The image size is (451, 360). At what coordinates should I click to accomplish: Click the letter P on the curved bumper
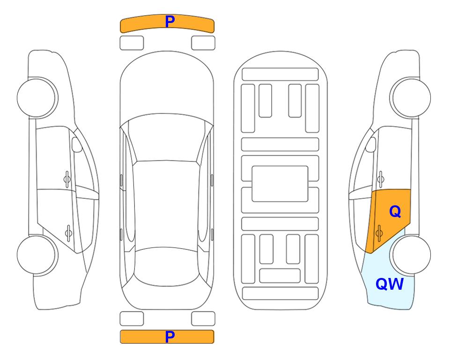(x=170, y=22)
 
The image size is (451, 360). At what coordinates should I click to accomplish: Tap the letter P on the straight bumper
(x=170, y=337)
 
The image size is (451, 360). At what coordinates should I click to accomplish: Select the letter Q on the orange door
(x=395, y=212)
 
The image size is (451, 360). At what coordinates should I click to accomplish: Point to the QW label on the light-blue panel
(x=390, y=284)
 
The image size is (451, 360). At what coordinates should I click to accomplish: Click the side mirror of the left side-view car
(x=76, y=144)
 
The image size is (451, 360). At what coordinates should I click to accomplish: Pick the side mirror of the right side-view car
(x=371, y=144)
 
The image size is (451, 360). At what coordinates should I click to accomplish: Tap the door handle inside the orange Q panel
(x=379, y=233)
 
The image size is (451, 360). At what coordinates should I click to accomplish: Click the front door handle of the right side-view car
(x=380, y=179)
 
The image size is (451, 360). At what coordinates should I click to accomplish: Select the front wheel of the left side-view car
(x=37, y=98)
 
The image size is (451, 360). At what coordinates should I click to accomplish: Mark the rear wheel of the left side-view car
(x=37, y=255)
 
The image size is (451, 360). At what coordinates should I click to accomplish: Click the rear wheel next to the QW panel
(x=411, y=255)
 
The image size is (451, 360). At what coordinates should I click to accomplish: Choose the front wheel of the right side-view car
(x=411, y=98)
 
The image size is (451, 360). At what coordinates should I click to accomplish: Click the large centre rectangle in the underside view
(x=280, y=184)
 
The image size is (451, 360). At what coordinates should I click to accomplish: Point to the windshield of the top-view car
(x=167, y=138)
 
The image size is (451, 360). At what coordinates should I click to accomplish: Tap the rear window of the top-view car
(x=167, y=267)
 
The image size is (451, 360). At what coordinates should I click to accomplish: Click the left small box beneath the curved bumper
(x=132, y=43)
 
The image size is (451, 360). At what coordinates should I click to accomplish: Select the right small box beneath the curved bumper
(x=203, y=43)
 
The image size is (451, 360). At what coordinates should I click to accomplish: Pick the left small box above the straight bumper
(x=132, y=319)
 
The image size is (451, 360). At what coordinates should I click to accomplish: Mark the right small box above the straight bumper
(x=203, y=319)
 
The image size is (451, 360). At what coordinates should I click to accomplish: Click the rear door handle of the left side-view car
(x=68, y=233)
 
